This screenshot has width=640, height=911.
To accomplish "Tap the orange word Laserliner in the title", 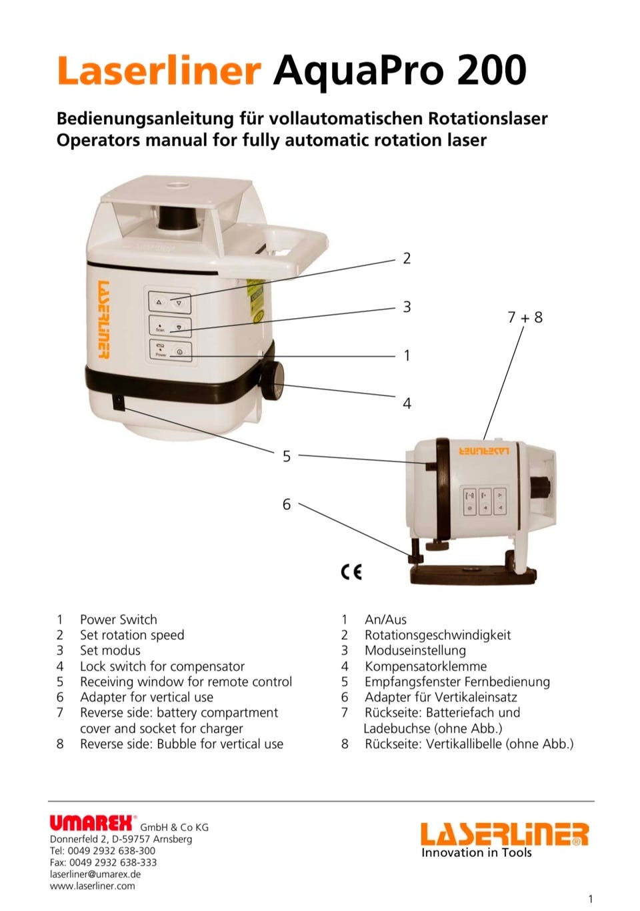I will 158,70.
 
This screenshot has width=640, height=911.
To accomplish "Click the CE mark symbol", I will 351,572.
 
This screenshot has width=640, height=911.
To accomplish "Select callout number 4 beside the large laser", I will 407,403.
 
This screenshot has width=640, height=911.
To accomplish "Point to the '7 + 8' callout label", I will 525,317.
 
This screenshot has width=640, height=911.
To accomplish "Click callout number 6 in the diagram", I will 287,504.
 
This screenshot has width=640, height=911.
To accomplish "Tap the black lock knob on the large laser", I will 273,381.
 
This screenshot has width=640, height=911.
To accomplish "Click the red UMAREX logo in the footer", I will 93,823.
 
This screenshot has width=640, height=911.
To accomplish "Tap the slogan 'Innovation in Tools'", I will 476,852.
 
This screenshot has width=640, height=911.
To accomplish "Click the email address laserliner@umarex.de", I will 95,874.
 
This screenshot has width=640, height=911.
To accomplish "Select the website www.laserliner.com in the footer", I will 92,886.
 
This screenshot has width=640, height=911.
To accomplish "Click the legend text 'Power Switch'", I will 118,620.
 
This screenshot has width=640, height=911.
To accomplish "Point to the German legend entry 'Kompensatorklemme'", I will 425,666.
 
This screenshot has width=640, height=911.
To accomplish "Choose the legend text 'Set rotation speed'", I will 131,635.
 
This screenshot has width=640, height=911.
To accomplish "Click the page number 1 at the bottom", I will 590,899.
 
